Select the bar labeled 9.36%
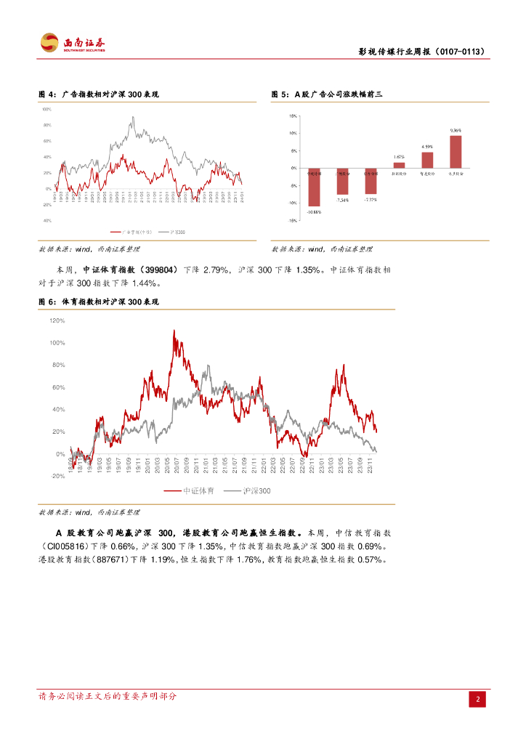[x=456, y=152]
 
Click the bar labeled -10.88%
[x=314, y=187]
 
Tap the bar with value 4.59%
[x=427, y=160]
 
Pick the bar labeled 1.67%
[x=399, y=165]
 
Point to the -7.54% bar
[x=342, y=181]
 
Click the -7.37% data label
[x=371, y=199]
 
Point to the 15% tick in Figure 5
[x=292, y=116]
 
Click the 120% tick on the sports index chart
[x=57, y=320]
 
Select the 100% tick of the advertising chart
[x=46, y=109]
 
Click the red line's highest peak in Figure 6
[x=174, y=331]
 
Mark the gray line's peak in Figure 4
[x=133, y=118]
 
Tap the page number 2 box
[x=478, y=699]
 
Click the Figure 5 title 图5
[x=280, y=94]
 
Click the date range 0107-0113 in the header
[x=458, y=52]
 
